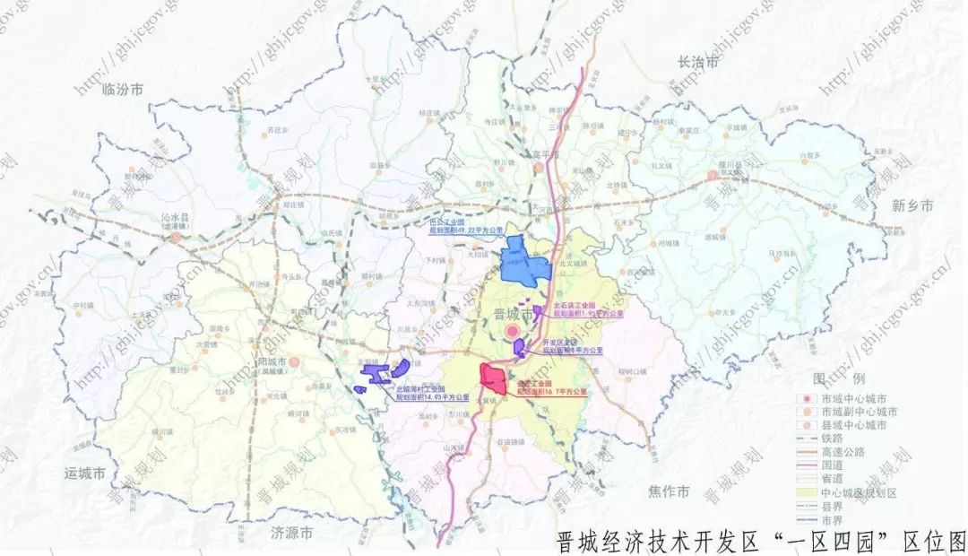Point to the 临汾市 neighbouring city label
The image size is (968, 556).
tap(123, 89)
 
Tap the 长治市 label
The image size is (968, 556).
tap(698, 63)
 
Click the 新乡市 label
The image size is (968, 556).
tap(912, 206)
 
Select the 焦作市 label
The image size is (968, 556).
tap(670, 491)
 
